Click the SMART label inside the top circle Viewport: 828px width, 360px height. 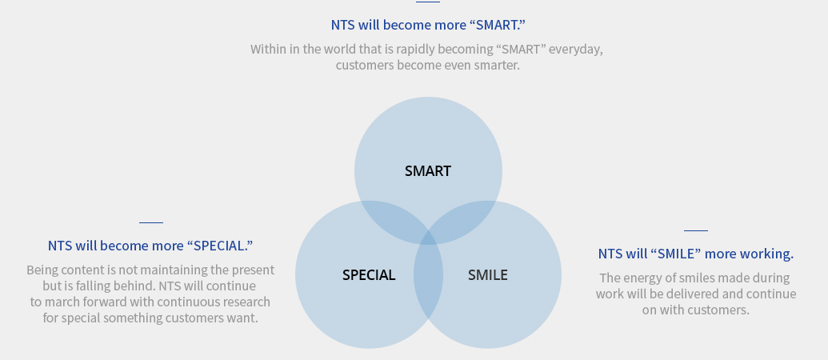(x=428, y=171)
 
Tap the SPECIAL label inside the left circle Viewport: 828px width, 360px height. (x=369, y=275)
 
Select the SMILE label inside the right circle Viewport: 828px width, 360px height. (x=487, y=275)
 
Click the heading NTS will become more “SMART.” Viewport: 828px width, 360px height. (x=428, y=25)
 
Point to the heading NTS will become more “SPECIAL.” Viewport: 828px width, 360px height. (x=150, y=246)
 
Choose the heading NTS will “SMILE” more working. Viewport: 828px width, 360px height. (x=695, y=254)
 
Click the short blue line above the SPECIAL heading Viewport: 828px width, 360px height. (x=151, y=222)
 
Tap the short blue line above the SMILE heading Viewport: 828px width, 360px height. (x=695, y=230)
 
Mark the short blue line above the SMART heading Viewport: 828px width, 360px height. (x=428, y=2)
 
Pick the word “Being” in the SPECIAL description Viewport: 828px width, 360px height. (x=42, y=270)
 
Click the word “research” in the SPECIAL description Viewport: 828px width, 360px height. (x=247, y=302)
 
